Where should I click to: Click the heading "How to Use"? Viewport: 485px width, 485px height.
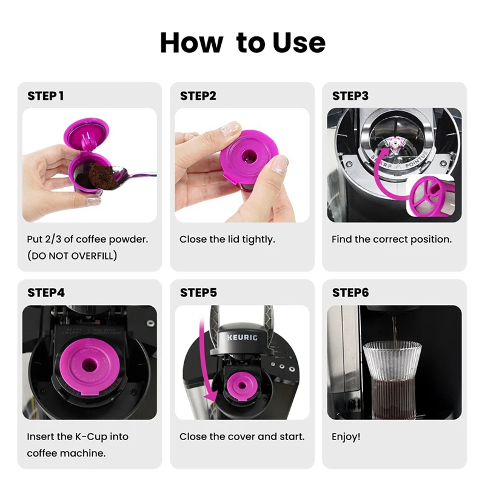[242, 42]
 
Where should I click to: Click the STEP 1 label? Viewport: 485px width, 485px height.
[45, 96]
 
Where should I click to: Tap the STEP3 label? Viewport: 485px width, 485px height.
[350, 96]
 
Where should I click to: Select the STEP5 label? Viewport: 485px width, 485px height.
[198, 292]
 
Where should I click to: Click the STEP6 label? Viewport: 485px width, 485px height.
[350, 292]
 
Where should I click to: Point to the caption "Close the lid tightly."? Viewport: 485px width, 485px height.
[227, 239]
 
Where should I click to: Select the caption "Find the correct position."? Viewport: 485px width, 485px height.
[392, 239]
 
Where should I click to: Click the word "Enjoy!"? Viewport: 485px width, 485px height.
[346, 436]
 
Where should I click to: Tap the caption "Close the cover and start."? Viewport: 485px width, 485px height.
[242, 436]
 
